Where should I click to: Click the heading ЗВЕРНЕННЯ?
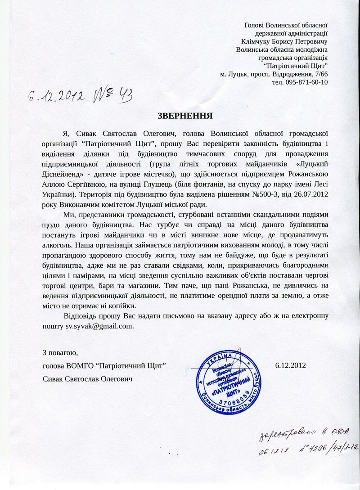(x=185, y=116)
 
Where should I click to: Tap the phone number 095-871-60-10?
(x=300, y=82)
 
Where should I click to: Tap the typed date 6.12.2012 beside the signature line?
(x=290, y=365)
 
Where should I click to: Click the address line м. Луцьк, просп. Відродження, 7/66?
(x=274, y=74)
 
